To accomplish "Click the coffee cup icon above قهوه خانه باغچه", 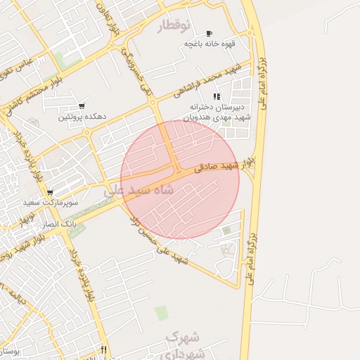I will pyautogui.click(x=209, y=34).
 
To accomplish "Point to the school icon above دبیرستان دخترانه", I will pyautogui.click(x=217, y=96).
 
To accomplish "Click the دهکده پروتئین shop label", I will pyautogui.click(x=83, y=117).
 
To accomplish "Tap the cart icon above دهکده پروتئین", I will pyautogui.click(x=82, y=107).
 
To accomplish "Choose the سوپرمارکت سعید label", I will pyautogui.click(x=50, y=202).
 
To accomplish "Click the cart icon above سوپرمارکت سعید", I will pyautogui.click(x=50, y=192).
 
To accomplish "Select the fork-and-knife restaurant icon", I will pyautogui.click(x=104, y=349).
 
